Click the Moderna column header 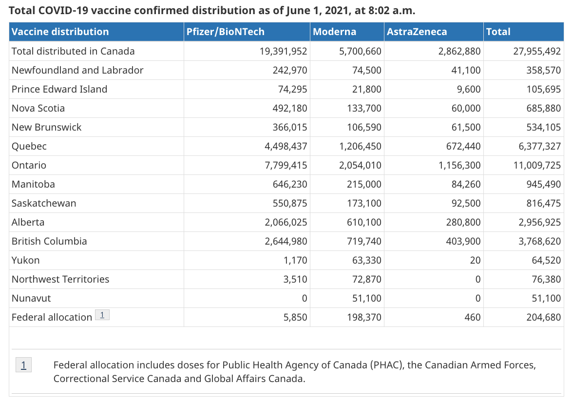click(x=334, y=32)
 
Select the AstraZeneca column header click(x=417, y=32)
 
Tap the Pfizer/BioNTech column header click(x=226, y=32)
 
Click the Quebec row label click(x=29, y=146)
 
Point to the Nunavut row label click(x=31, y=298)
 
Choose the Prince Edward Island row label click(x=59, y=89)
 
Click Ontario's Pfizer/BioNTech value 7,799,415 click(x=286, y=165)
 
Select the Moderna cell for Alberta click(x=364, y=222)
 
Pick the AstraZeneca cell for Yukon click(x=475, y=260)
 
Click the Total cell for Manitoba click(x=544, y=184)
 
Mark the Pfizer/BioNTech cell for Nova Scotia click(x=289, y=108)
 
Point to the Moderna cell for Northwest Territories click(x=366, y=279)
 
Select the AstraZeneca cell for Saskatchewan click(x=466, y=203)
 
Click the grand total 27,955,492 click(x=537, y=51)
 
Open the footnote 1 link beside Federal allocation click(x=102, y=315)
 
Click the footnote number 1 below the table click(x=24, y=365)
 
